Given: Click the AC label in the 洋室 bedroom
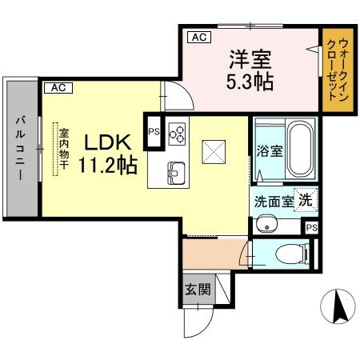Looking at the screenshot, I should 198,36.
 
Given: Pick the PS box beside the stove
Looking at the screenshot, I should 152,134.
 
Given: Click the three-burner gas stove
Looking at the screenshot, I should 176,133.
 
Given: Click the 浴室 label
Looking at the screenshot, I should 270,151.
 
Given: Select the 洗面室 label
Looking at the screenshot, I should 275,202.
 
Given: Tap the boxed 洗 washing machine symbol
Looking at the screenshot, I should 305,200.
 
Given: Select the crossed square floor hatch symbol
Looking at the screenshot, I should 213,150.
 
